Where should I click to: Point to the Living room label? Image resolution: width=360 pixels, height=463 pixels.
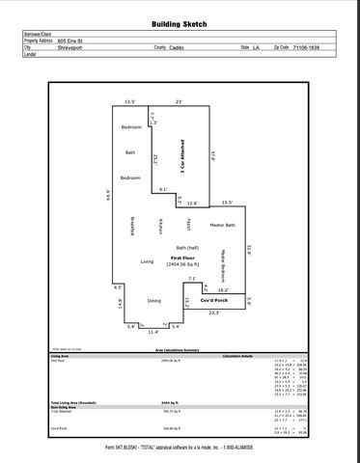(148, 261)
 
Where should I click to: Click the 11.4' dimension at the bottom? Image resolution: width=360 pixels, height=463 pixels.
(152, 331)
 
